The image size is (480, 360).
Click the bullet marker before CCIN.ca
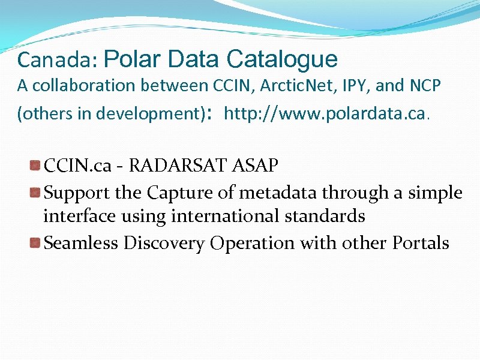click(x=36, y=165)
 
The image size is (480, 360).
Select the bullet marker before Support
click(x=36, y=193)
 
